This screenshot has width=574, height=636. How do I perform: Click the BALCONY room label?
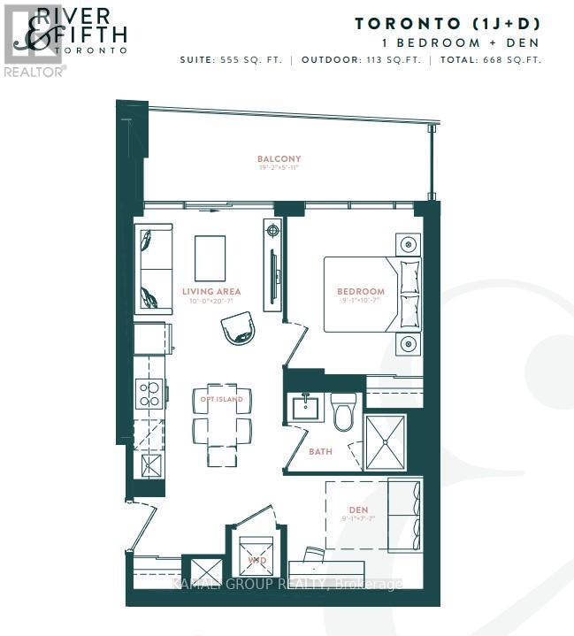(279, 159)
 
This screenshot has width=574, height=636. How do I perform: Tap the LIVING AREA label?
(211, 291)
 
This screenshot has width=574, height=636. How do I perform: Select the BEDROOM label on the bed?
(360, 292)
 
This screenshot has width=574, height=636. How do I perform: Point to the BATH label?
(320, 451)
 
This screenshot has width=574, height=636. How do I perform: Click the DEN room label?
(357, 510)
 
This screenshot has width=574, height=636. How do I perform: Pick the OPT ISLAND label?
(220, 399)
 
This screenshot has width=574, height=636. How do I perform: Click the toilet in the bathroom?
(343, 411)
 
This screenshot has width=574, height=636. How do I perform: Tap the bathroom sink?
(306, 409)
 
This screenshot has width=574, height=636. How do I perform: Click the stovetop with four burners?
(149, 392)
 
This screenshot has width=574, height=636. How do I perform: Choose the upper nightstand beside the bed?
(408, 243)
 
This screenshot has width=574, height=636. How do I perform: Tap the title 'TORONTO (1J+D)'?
(448, 24)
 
